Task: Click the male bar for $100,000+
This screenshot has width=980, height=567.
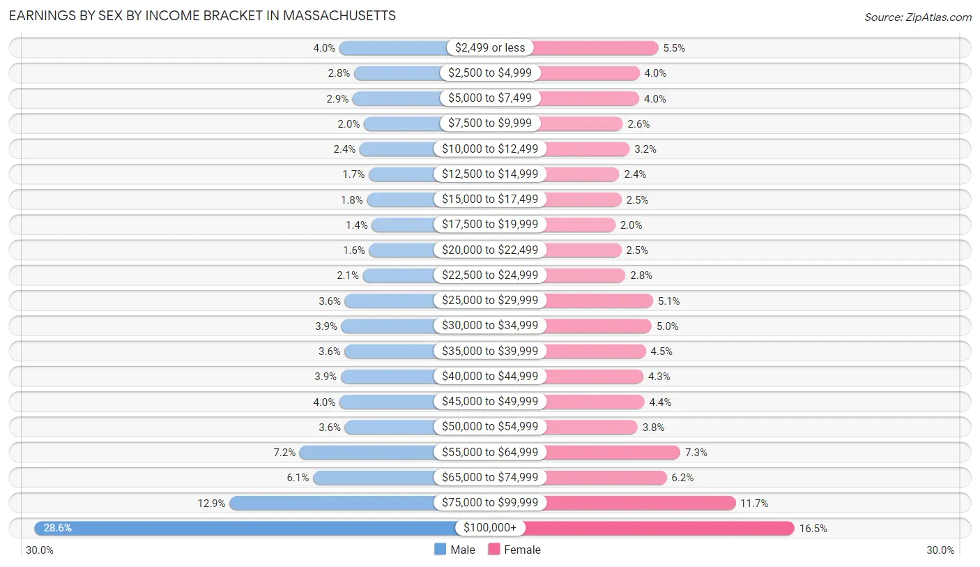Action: pos(244,528)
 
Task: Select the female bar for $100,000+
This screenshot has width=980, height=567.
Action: pos(659,528)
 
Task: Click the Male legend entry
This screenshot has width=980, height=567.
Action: pos(454,550)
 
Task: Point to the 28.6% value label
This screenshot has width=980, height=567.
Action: pos(57,528)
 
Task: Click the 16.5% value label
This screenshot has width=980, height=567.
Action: pos(813,529)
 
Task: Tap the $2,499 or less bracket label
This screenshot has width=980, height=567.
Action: pos(490,47)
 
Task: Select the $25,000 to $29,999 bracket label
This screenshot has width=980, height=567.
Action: pos(490,301)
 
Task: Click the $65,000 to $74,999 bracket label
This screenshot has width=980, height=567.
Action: pos(490,477)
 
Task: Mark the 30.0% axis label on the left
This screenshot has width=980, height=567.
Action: pos(40,550)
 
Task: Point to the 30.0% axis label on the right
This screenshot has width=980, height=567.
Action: pos(940,550)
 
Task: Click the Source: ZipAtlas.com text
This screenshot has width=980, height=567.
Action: pos(917,17)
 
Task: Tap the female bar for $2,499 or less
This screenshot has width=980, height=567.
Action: pos(596,47)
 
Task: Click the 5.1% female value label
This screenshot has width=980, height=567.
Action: pos(668,301)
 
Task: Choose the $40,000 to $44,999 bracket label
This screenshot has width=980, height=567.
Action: pos(490,376)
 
